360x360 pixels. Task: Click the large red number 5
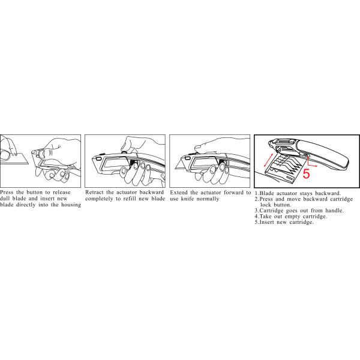(x=306, y=173)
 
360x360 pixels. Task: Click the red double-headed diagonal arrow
(x=268, y=160)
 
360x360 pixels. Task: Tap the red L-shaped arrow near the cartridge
(x=311, y=162)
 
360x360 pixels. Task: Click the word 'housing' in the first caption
(x=71, y=205)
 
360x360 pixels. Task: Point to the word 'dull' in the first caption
(x=5, y=199)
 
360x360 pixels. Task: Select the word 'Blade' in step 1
(x=266, y=193)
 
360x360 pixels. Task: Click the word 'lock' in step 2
(x=266, y=205)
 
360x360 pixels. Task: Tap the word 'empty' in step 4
(x=292, y=217)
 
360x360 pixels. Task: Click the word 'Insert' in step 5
(x=266, y=222)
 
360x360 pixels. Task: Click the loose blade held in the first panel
(x=16, y=159)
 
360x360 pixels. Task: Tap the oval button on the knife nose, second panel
(x=99, y=158)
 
